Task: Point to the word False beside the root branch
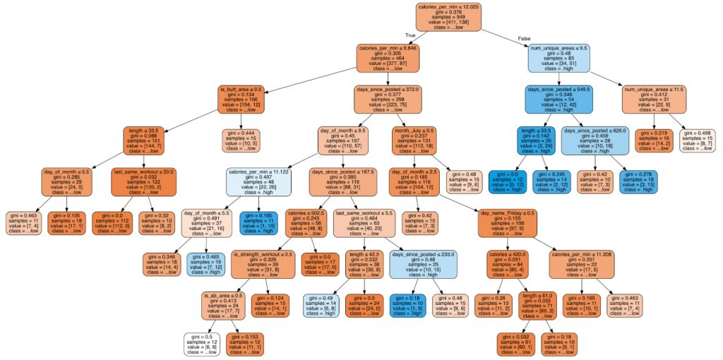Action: tap(524, 37)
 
